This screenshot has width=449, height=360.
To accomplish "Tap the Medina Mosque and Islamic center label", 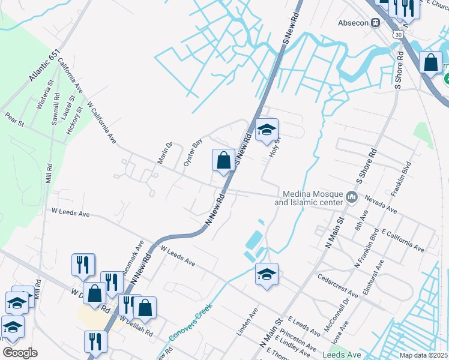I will (x=309, y=198).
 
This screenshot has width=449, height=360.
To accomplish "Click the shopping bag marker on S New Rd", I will (x=223, y=161).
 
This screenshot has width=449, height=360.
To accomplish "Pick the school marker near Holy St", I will (x=267, y=129).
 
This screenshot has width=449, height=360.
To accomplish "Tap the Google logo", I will (x=20, y=352).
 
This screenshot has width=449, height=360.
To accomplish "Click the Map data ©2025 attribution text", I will (x=423, y=355).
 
